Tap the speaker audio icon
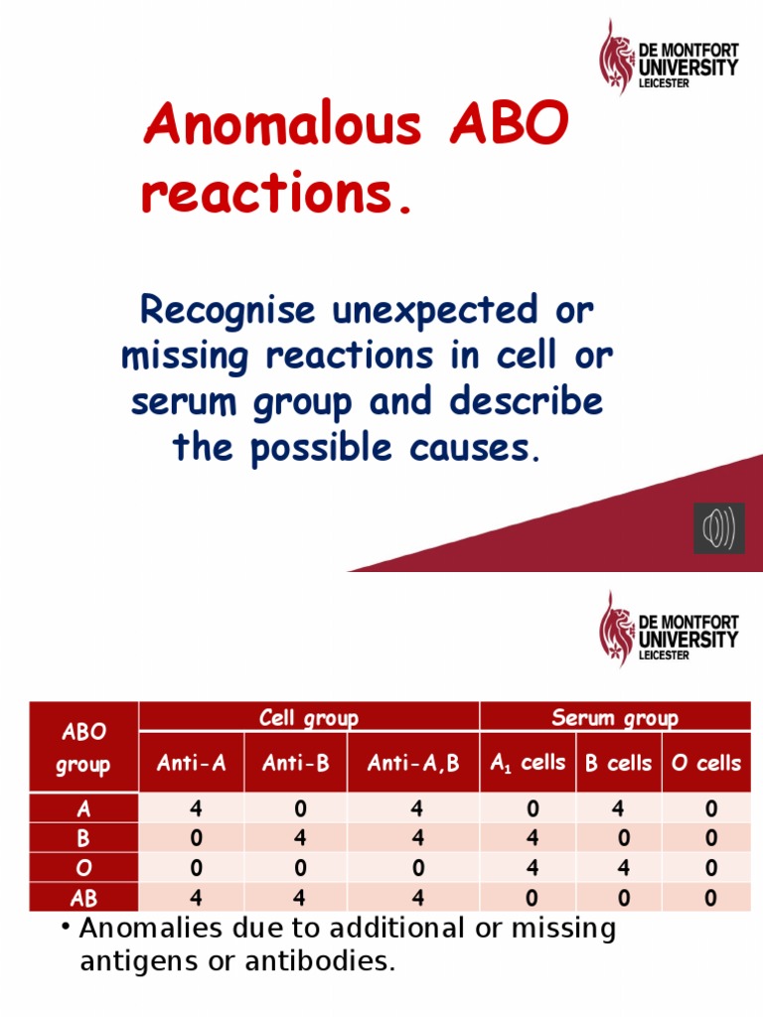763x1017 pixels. click(718, 528)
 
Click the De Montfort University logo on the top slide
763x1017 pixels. click(669, 57)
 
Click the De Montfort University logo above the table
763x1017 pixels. click(669, 629)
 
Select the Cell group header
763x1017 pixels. click(309, 718)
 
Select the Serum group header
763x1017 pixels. click(615, 718)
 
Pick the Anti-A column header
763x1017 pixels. click(192, 764)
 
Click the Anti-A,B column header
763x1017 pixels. click(413, 764)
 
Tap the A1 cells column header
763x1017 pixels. click(528, 764)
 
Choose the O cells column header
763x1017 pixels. click(705, 764)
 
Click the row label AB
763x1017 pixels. click(84, 898)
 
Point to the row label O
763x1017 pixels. click(84, 868)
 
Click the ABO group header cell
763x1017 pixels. click(84, 748)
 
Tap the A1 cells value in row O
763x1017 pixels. click(533, 868)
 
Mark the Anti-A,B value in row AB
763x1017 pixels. click(416, 898)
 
